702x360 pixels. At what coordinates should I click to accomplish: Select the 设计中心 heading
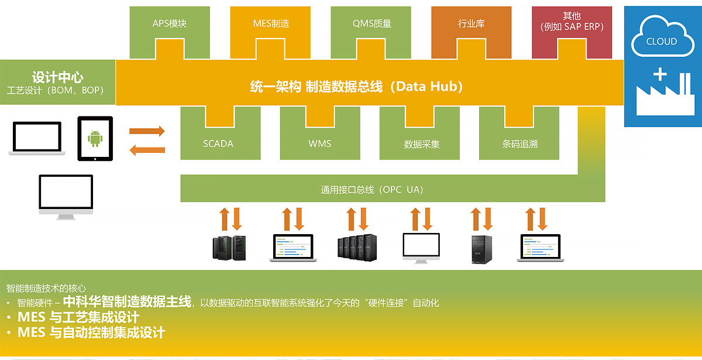57,77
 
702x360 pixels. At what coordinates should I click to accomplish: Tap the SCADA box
218,143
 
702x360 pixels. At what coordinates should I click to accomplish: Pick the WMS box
319,143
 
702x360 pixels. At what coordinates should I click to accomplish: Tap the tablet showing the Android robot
95,138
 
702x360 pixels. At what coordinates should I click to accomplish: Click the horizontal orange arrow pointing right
147,131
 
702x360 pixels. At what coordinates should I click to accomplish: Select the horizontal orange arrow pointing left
147,150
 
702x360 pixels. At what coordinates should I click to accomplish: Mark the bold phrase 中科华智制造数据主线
127,302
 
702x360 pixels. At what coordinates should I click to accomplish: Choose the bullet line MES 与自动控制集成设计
91,332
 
